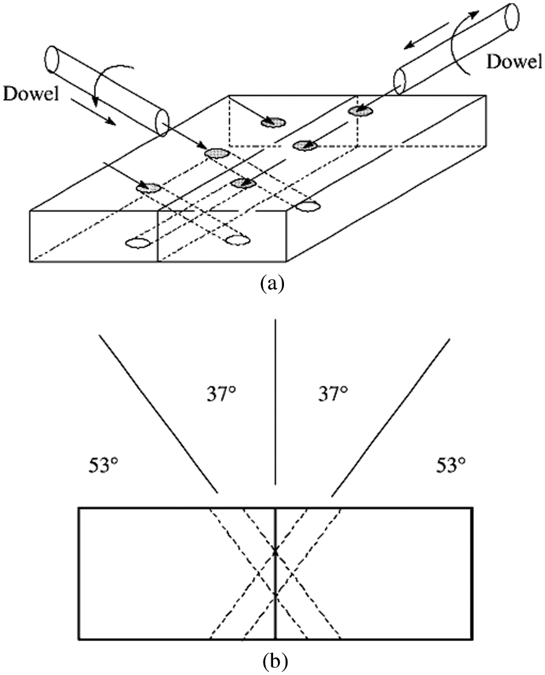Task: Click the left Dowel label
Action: pos(31,94)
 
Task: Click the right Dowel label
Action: pos(514,62)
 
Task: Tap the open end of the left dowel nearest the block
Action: pos(162,122)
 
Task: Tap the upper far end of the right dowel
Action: pos(512,16)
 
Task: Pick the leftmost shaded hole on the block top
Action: pos(148,187)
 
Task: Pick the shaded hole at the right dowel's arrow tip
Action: pos(360,111)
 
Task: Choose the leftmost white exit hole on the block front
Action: pos(138,243)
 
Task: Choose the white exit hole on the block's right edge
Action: pos(308,207)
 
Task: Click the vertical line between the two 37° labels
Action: pos(276,402)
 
